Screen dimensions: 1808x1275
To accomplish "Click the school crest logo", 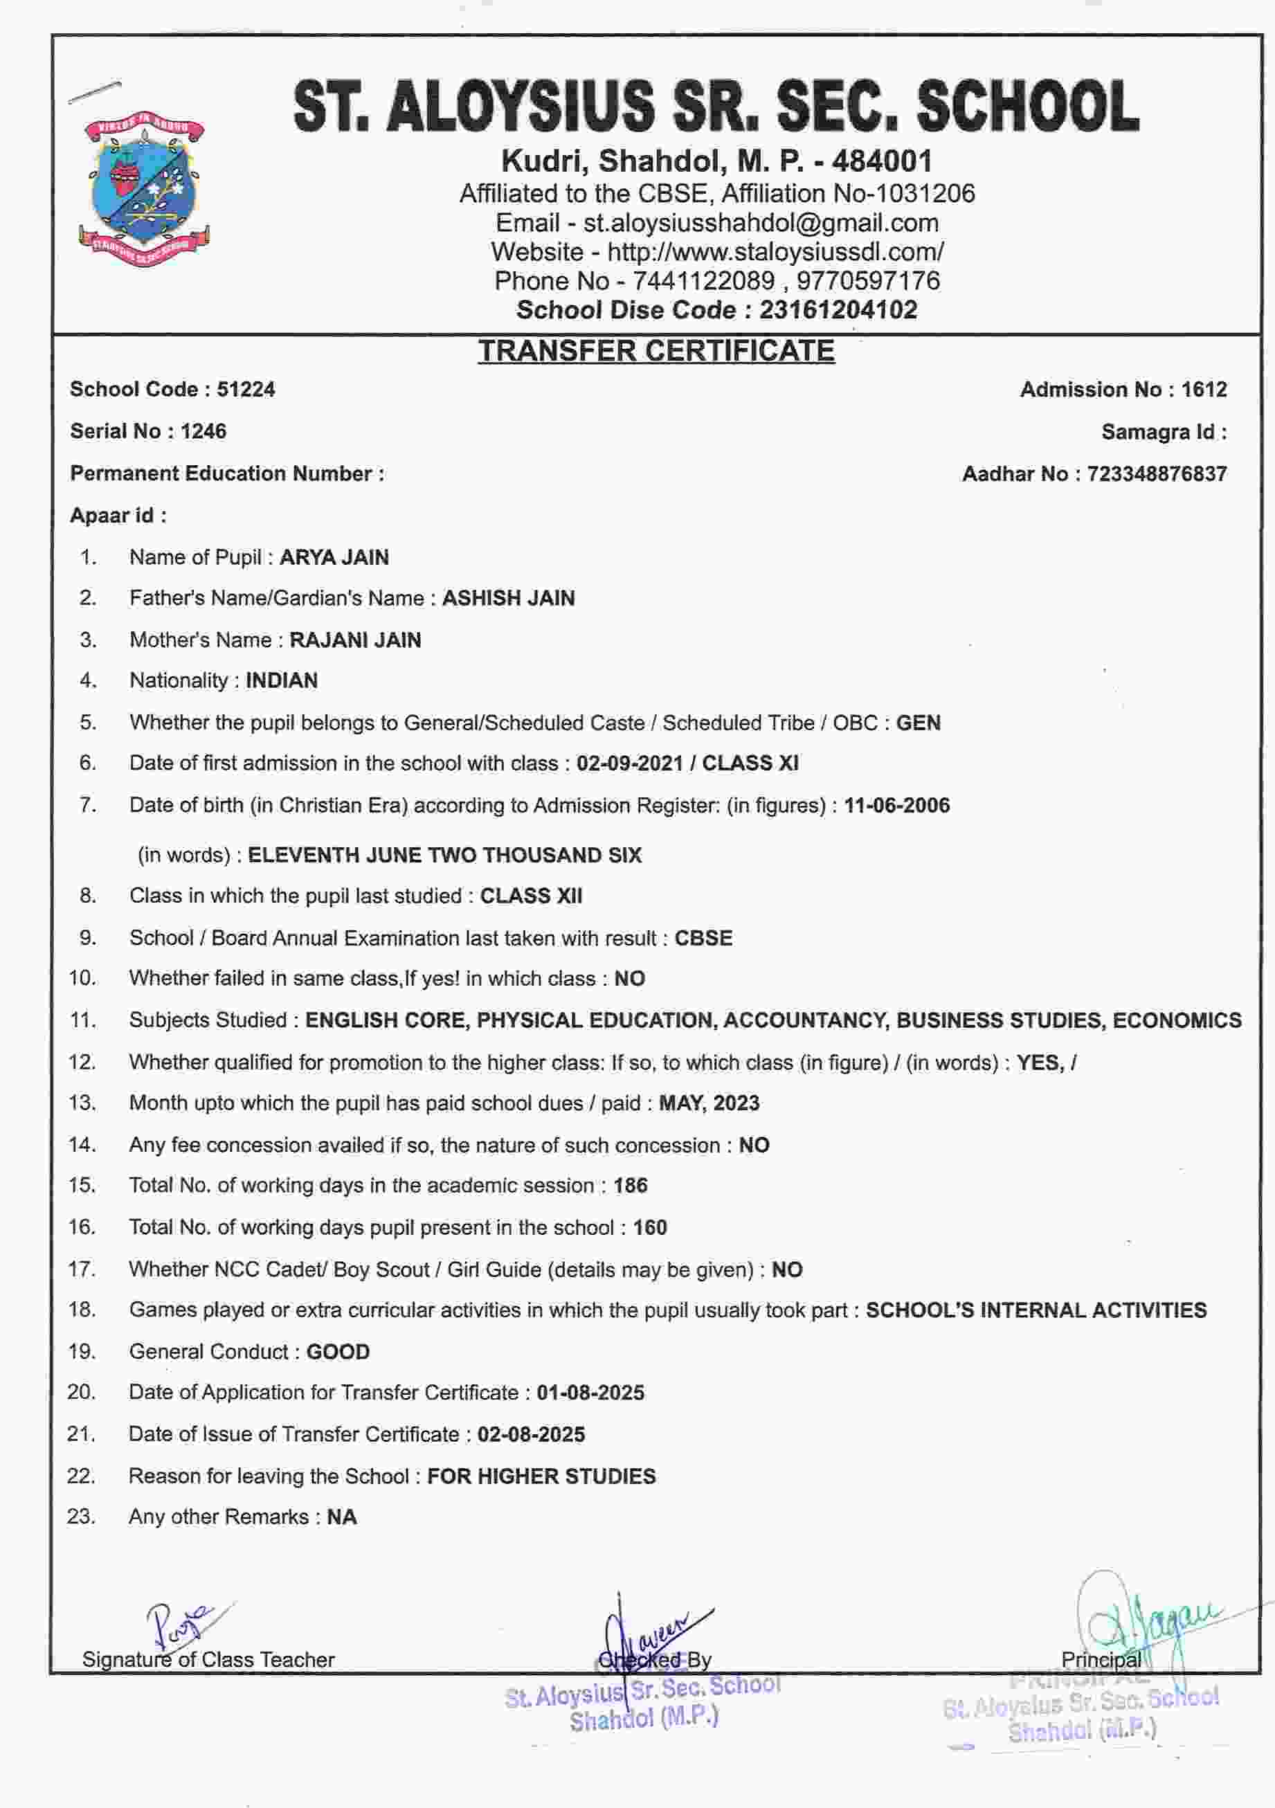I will pos(144,189).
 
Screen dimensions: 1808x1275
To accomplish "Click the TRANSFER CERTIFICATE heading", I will pos(656,351).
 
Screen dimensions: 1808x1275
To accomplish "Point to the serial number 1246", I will pos(204,431).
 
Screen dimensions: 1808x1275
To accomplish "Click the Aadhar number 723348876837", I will pos(1156,474).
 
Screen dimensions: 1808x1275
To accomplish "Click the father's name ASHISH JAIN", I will pos(508,599).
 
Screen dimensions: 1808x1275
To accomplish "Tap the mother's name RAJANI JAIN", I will pos(355,640).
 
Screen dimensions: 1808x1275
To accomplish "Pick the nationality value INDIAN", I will pos(281,680).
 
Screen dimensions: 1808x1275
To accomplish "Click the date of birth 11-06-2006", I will pos(896,806).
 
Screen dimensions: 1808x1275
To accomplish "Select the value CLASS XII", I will pos(531,896).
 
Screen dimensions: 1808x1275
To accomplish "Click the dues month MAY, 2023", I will pos(709,1103).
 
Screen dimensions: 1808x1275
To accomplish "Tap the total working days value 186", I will pos(630,1186).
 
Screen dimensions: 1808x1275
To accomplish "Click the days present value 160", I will pos(650,1228).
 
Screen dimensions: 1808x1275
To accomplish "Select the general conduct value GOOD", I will pos(338,1352).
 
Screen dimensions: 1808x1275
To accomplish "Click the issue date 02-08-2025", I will pos(531,1435).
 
